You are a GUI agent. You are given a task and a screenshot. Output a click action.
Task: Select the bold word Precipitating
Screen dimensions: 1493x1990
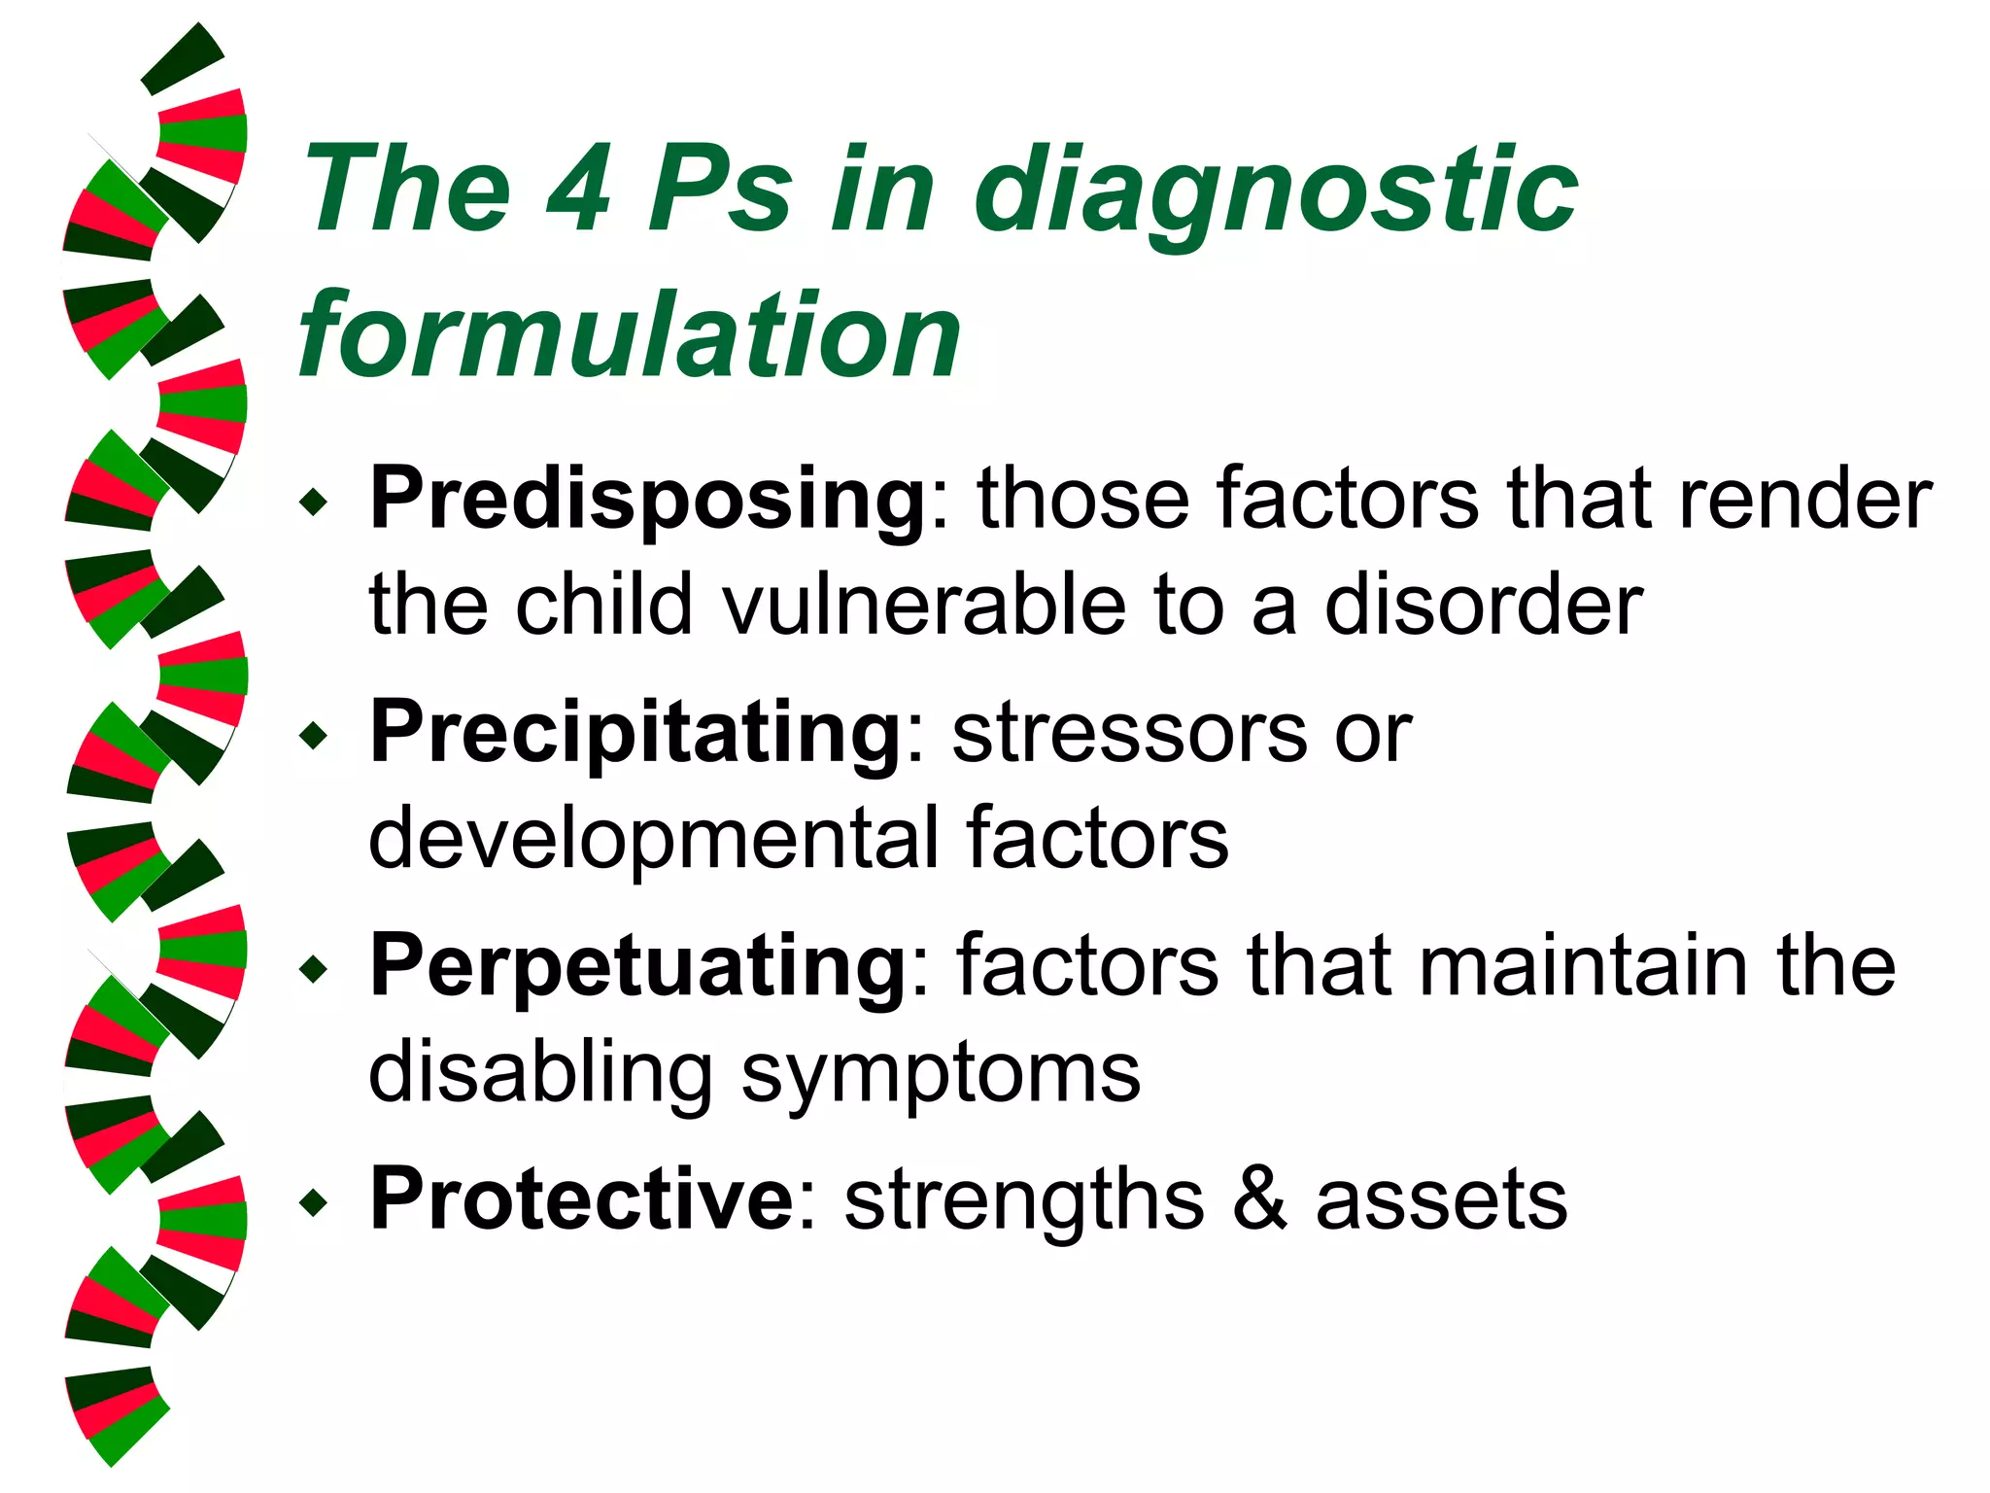click(636, 733)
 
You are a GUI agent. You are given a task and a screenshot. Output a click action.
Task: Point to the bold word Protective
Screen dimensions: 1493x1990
click(582, 1199)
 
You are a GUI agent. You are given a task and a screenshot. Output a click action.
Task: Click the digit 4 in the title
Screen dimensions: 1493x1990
click(580, 189)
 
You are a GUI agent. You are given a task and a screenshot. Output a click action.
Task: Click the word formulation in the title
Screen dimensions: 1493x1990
click(630, 335)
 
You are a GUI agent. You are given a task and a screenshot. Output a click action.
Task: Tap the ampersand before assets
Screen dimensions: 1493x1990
click(1260, 1199)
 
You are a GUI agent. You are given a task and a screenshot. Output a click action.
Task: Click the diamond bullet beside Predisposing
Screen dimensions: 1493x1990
click(314, 503)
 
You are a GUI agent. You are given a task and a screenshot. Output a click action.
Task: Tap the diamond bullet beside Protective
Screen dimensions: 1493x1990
click(314, 1203)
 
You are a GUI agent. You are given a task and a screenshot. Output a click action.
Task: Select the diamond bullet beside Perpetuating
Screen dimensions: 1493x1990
click(314, 969)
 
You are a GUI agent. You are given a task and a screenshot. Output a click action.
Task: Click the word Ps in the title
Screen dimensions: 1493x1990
click(721, 189)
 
